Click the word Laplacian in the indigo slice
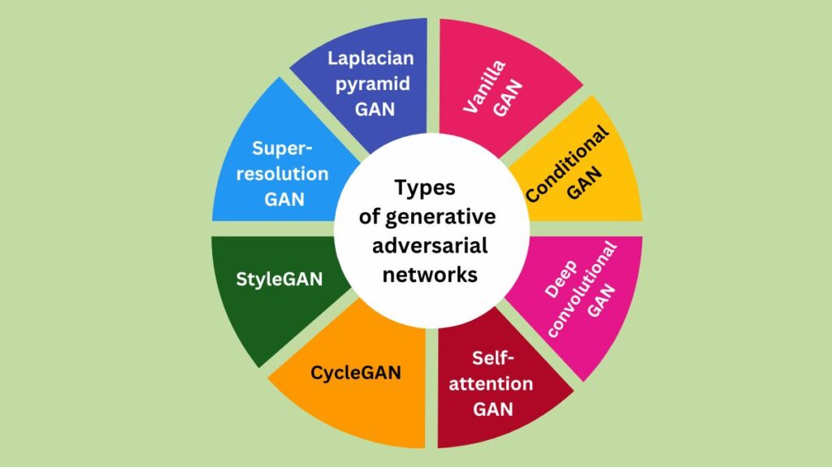[371, 58]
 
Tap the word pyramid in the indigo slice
[371, 83]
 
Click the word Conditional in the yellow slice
[567, 165]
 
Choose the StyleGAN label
[279, 279]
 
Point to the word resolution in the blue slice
[278, 174]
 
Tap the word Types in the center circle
[424, 188]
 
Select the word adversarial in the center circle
[424, 246]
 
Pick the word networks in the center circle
[424, 275]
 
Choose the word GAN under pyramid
[375, 108]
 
